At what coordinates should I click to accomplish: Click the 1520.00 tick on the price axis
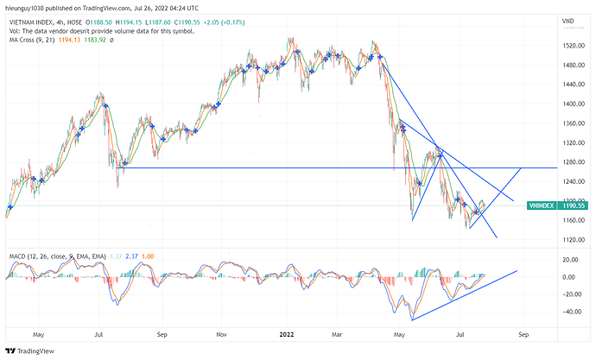tap(570, 45)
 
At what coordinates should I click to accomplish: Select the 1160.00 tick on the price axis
tap(570, 220)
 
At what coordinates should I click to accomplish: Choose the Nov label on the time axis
tap(220, 332)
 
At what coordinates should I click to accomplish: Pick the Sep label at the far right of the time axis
tap(523, 332)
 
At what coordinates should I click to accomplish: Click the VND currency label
tap(567, 20)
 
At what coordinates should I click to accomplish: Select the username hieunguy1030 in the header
tap(28, 8)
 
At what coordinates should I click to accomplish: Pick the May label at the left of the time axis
tap(38, 332)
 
